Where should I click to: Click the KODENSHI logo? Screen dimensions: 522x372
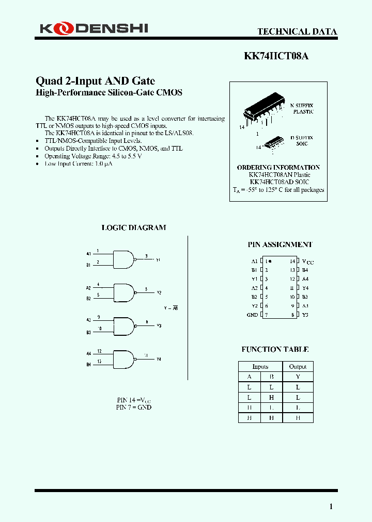click(x=94, y=29)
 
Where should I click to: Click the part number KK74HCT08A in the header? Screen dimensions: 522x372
click(x=276, y=56)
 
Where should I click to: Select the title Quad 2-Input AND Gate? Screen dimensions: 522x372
click(x=95, y=81)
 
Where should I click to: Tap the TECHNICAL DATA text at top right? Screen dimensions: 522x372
click(x=297, y=31)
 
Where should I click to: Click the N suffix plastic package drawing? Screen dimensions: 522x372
click(x=263, y=110)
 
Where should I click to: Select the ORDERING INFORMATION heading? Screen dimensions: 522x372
click(x=278, y=167)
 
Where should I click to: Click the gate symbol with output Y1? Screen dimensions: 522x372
click(x=123, y=259)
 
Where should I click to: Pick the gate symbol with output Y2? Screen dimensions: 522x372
click(x=123, y=292)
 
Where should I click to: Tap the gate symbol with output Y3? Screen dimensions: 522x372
click(x=123, y=326)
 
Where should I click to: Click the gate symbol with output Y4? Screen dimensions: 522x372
click(x=123, y=359)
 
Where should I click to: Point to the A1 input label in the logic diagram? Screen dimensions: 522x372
click(x=89, y=254)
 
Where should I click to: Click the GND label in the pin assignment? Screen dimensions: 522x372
click(x=252, y=315)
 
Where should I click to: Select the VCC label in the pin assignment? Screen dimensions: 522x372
click(x=307, y=262)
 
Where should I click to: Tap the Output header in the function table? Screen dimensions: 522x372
click(x=298, y=367)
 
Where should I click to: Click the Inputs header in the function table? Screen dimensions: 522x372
click(x=260, y=367)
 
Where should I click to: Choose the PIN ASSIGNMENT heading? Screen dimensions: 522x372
click(x=280, y=244)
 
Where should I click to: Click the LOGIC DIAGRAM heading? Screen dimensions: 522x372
click(x=133, y=227)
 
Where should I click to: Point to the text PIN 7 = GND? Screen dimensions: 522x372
click(x=133, y=407)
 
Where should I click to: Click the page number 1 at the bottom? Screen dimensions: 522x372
click(x=331, y=506)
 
